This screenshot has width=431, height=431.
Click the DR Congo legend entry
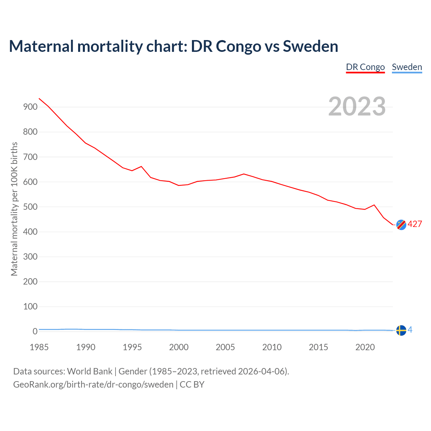point(365,67)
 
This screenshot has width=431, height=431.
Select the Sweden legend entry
point(407,67)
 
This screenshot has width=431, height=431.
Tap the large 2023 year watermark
point(357,106)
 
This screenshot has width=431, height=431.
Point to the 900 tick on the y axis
point(30,107)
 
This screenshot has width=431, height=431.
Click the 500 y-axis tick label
point(30,207)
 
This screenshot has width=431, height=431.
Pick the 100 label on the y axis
point(30,306)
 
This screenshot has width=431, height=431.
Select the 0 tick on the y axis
point(35,332)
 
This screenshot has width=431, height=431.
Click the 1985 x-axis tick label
point(39,347)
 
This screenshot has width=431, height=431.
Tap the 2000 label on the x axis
point(179,347)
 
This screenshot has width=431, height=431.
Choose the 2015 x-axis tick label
point(318,347)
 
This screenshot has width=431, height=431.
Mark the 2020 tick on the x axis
point(365,347)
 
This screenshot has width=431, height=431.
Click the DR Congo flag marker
point(401,225)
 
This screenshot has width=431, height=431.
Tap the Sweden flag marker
point(401,330)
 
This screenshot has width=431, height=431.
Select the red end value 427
point(415,224)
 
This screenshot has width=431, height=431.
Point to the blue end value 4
point(410,330)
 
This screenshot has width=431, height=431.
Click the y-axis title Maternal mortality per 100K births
point(14,209)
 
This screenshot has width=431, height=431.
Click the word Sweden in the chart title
point(310,46)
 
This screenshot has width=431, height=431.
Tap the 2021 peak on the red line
point(374,205)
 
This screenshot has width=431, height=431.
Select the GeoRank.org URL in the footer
point(93,384)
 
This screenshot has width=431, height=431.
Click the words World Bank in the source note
point(90,371)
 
